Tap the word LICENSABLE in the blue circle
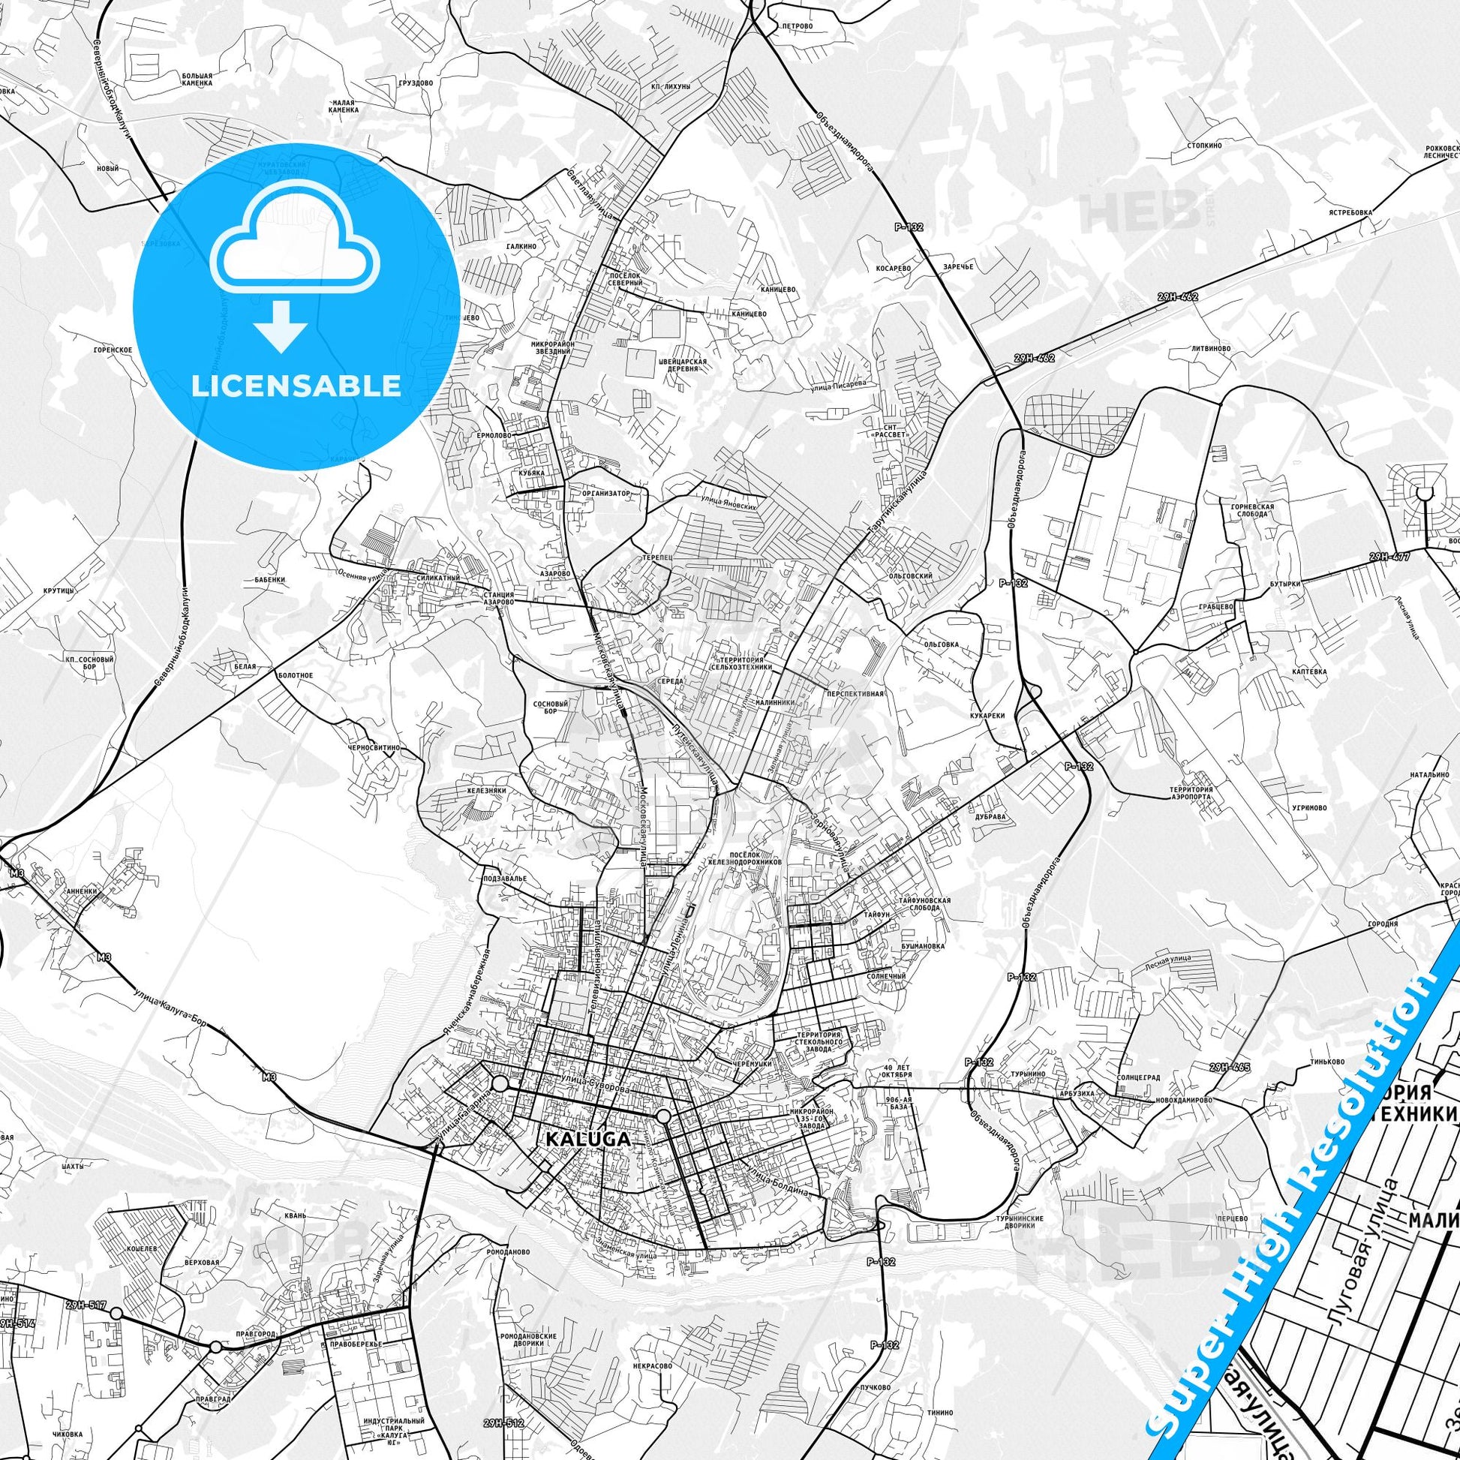[296, 386]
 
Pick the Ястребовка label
[1351, 212]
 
